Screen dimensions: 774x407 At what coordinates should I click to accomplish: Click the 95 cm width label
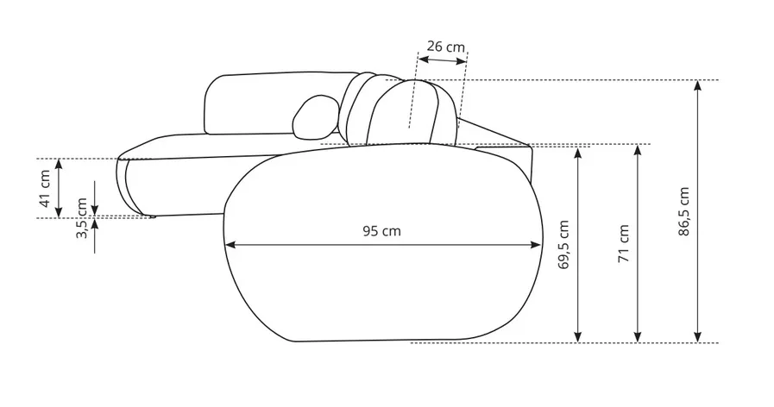point(381,231)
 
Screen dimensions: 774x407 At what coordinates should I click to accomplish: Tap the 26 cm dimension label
point(446,47)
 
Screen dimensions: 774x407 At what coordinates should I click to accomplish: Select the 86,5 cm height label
point(683,211)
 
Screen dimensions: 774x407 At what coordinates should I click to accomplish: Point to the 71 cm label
point(624,243)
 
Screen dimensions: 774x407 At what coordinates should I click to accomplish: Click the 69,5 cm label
point(563,245)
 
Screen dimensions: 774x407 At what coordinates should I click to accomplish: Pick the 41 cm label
point(45,189)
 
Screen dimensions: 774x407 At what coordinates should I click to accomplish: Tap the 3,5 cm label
point(82,218)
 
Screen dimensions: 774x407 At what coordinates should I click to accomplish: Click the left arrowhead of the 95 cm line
point(230,245)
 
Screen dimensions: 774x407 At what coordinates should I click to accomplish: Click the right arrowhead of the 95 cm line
point(536,245)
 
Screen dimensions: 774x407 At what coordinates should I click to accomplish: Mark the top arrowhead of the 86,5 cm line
point(697,86)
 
